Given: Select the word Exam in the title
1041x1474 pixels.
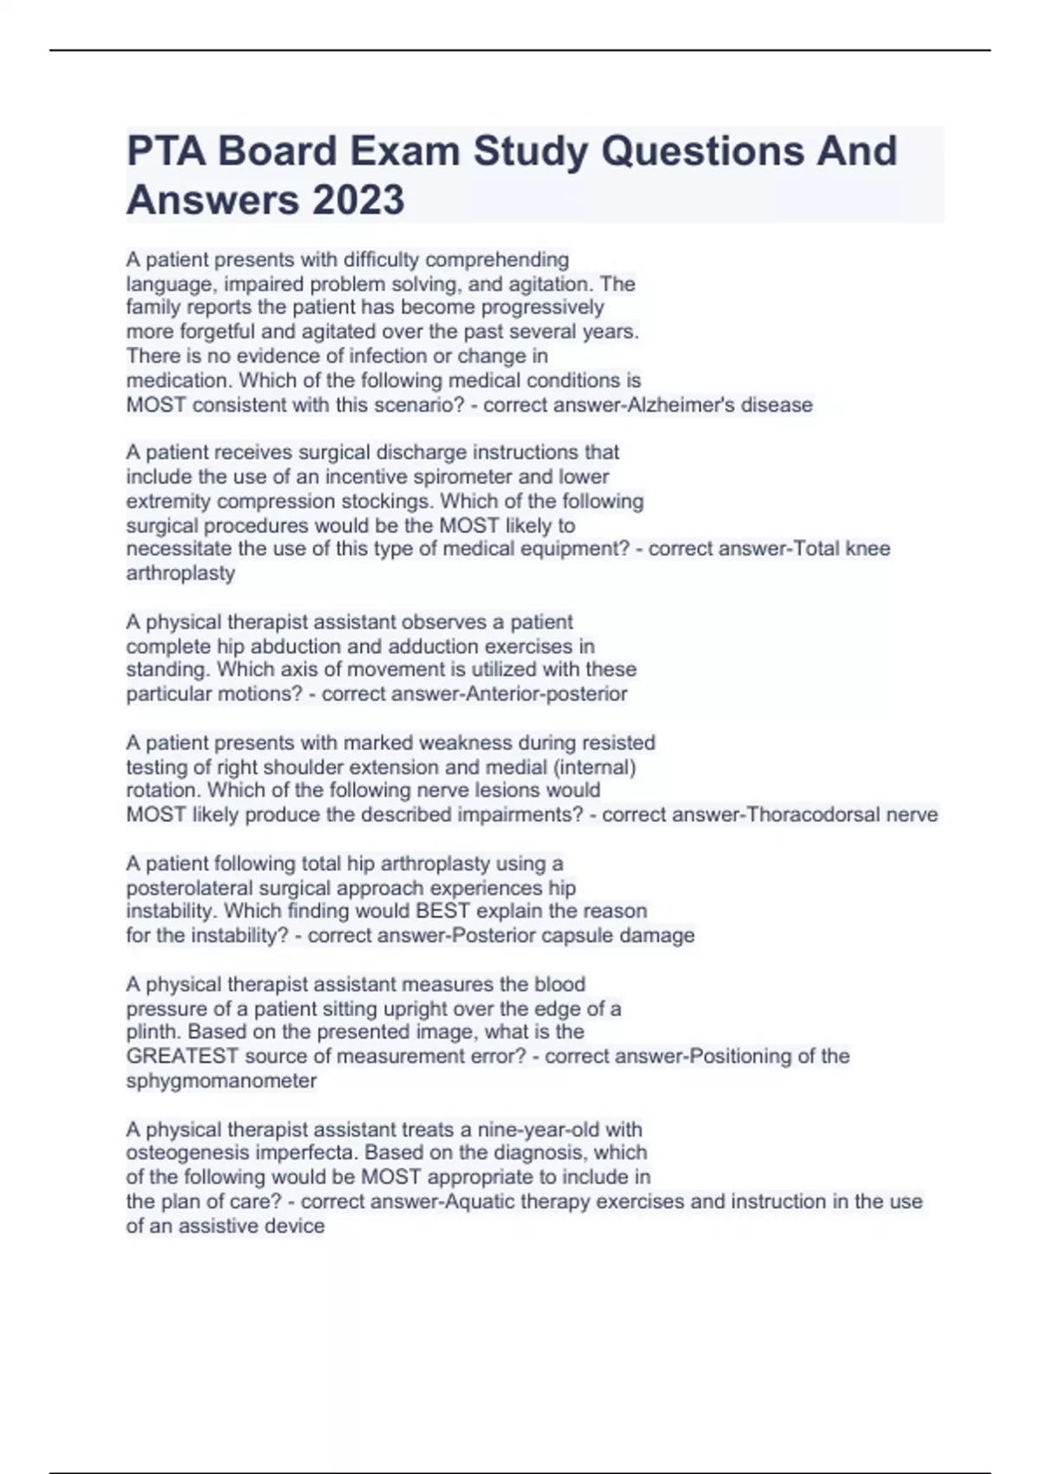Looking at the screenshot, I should click(404, 151).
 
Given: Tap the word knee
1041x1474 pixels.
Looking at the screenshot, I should click(867, 549).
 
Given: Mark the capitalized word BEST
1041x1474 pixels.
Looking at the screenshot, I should click(442, 911).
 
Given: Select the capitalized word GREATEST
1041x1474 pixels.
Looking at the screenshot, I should click(182, 1056).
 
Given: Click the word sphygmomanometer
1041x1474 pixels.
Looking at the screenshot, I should click(221, 1081).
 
